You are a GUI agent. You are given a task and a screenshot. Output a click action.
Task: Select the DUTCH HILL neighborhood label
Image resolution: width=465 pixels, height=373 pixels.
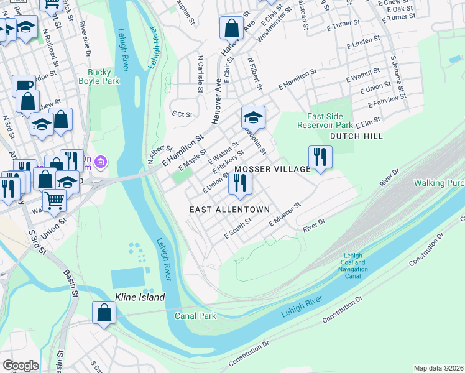[x=356, y=136]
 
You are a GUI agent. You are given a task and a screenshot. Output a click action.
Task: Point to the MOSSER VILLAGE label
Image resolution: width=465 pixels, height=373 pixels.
[x=272, y=169]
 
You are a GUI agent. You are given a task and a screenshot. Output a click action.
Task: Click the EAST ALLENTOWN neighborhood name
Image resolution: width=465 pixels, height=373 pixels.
[x=229, y=210]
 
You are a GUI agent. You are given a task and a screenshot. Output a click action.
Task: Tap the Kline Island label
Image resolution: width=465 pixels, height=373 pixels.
[x=140, y=298]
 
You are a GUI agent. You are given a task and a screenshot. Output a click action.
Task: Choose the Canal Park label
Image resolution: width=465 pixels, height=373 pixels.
[x=195, y=316]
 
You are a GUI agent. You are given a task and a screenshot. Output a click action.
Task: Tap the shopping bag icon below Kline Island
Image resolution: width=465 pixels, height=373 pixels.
[x=104, y=313]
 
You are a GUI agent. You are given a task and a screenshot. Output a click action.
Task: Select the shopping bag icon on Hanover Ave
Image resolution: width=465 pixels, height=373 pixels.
[x=231, y=28]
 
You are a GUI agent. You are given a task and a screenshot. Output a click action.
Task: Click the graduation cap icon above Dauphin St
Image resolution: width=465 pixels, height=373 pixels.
[x=253, y=117]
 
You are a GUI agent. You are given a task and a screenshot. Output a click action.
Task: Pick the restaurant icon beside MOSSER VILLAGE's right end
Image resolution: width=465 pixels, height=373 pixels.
[x=320, y=157]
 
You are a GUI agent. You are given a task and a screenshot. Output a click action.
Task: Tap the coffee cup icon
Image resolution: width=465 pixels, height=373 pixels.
[x=24, y=85]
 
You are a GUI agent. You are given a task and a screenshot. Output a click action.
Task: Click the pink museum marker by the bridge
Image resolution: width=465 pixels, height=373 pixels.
[x=102, y=163]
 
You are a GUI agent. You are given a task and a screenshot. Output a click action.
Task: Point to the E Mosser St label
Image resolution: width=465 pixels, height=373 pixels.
[x=285, y=214]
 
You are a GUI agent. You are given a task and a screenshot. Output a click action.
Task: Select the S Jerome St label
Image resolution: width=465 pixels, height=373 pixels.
[x=398, y=78]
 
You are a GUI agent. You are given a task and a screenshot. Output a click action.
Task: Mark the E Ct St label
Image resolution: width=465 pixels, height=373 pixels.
[x=183, y=114]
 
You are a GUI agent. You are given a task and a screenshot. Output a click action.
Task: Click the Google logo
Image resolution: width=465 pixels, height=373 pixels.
[x=21, y=366]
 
